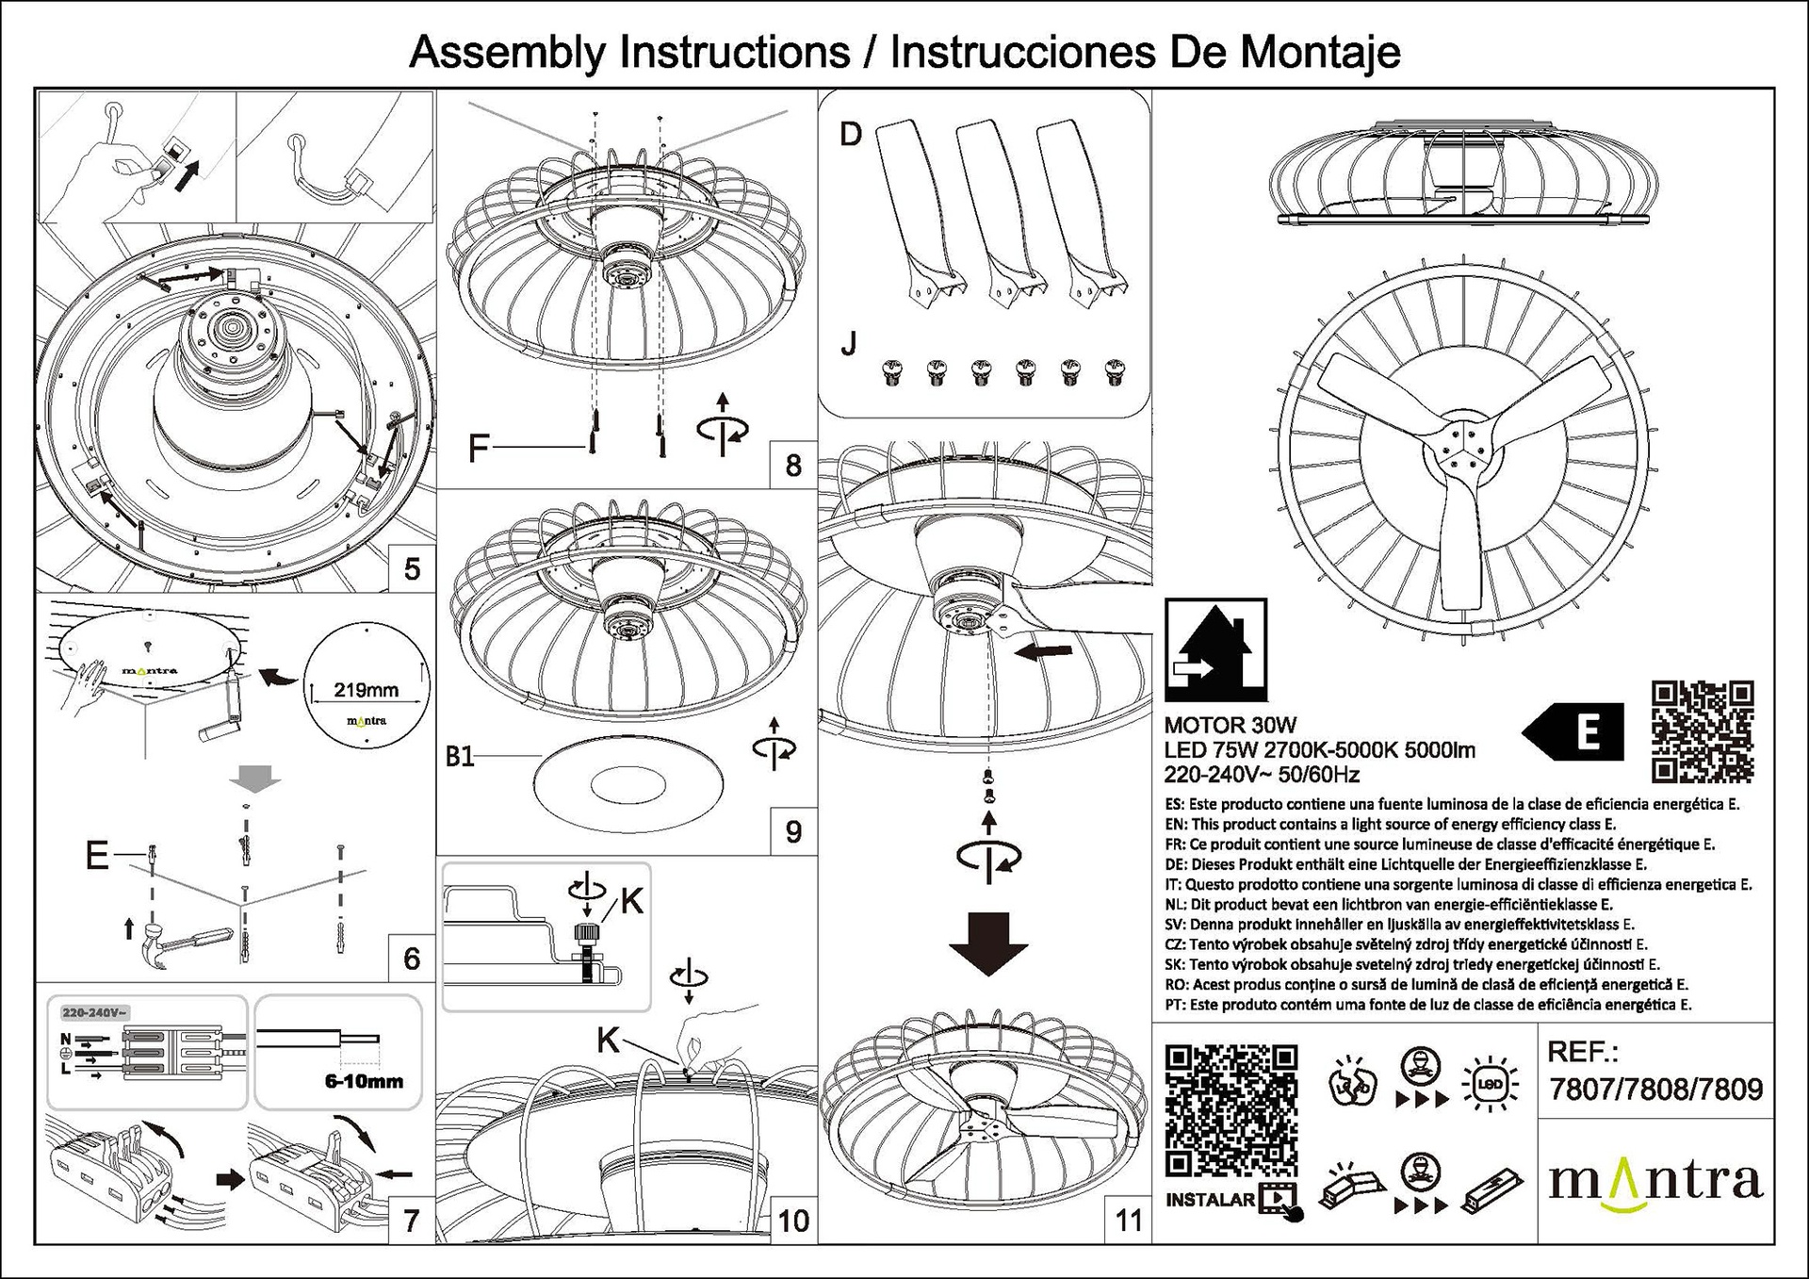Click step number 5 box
click(412, 569)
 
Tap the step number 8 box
click(792, 465)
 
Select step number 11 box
click(1128, 1221)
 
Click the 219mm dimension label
click(367, 690)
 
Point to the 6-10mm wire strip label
click(364, 1081)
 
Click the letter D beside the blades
click(850, 135)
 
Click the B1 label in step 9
click(460, 757)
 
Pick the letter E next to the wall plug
click(97, 856)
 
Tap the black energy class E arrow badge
click(1573, 731)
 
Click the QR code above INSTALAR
click(1231, 1110)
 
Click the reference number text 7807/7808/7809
click(1655, 1090)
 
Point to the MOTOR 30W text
click(1230, 726)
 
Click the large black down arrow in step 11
click(987, 943)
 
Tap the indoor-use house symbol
click(1215, 649)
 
